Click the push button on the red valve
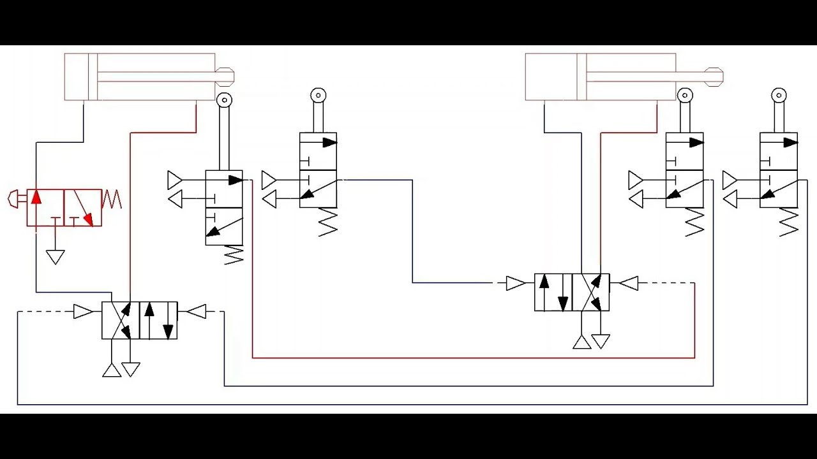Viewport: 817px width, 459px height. [14, 200]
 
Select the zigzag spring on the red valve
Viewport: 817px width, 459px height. [112, 200]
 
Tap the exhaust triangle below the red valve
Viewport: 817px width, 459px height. [56, 257]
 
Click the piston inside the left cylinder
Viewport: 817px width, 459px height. [93, 77]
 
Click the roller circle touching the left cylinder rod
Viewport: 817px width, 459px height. [224, 100]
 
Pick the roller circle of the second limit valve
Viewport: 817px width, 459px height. [318, 96]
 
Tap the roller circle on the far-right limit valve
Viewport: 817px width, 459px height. [779, 96]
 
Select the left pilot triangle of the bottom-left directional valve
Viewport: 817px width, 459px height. [83, 312]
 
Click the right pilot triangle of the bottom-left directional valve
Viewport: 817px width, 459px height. [197, 312]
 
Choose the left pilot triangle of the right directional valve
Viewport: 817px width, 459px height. [515, 283]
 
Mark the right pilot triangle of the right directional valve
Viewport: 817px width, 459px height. [629, 283]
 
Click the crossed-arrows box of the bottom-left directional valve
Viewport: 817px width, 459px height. [121, 320]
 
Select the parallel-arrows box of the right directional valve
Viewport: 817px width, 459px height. [553, 292]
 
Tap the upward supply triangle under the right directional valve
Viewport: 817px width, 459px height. [581, 342]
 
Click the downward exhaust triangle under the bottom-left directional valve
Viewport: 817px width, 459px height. [131, 369]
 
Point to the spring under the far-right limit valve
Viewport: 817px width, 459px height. [789, 222]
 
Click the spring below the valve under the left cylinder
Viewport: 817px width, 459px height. [234, 256]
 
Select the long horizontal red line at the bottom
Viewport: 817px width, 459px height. [473, 358]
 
